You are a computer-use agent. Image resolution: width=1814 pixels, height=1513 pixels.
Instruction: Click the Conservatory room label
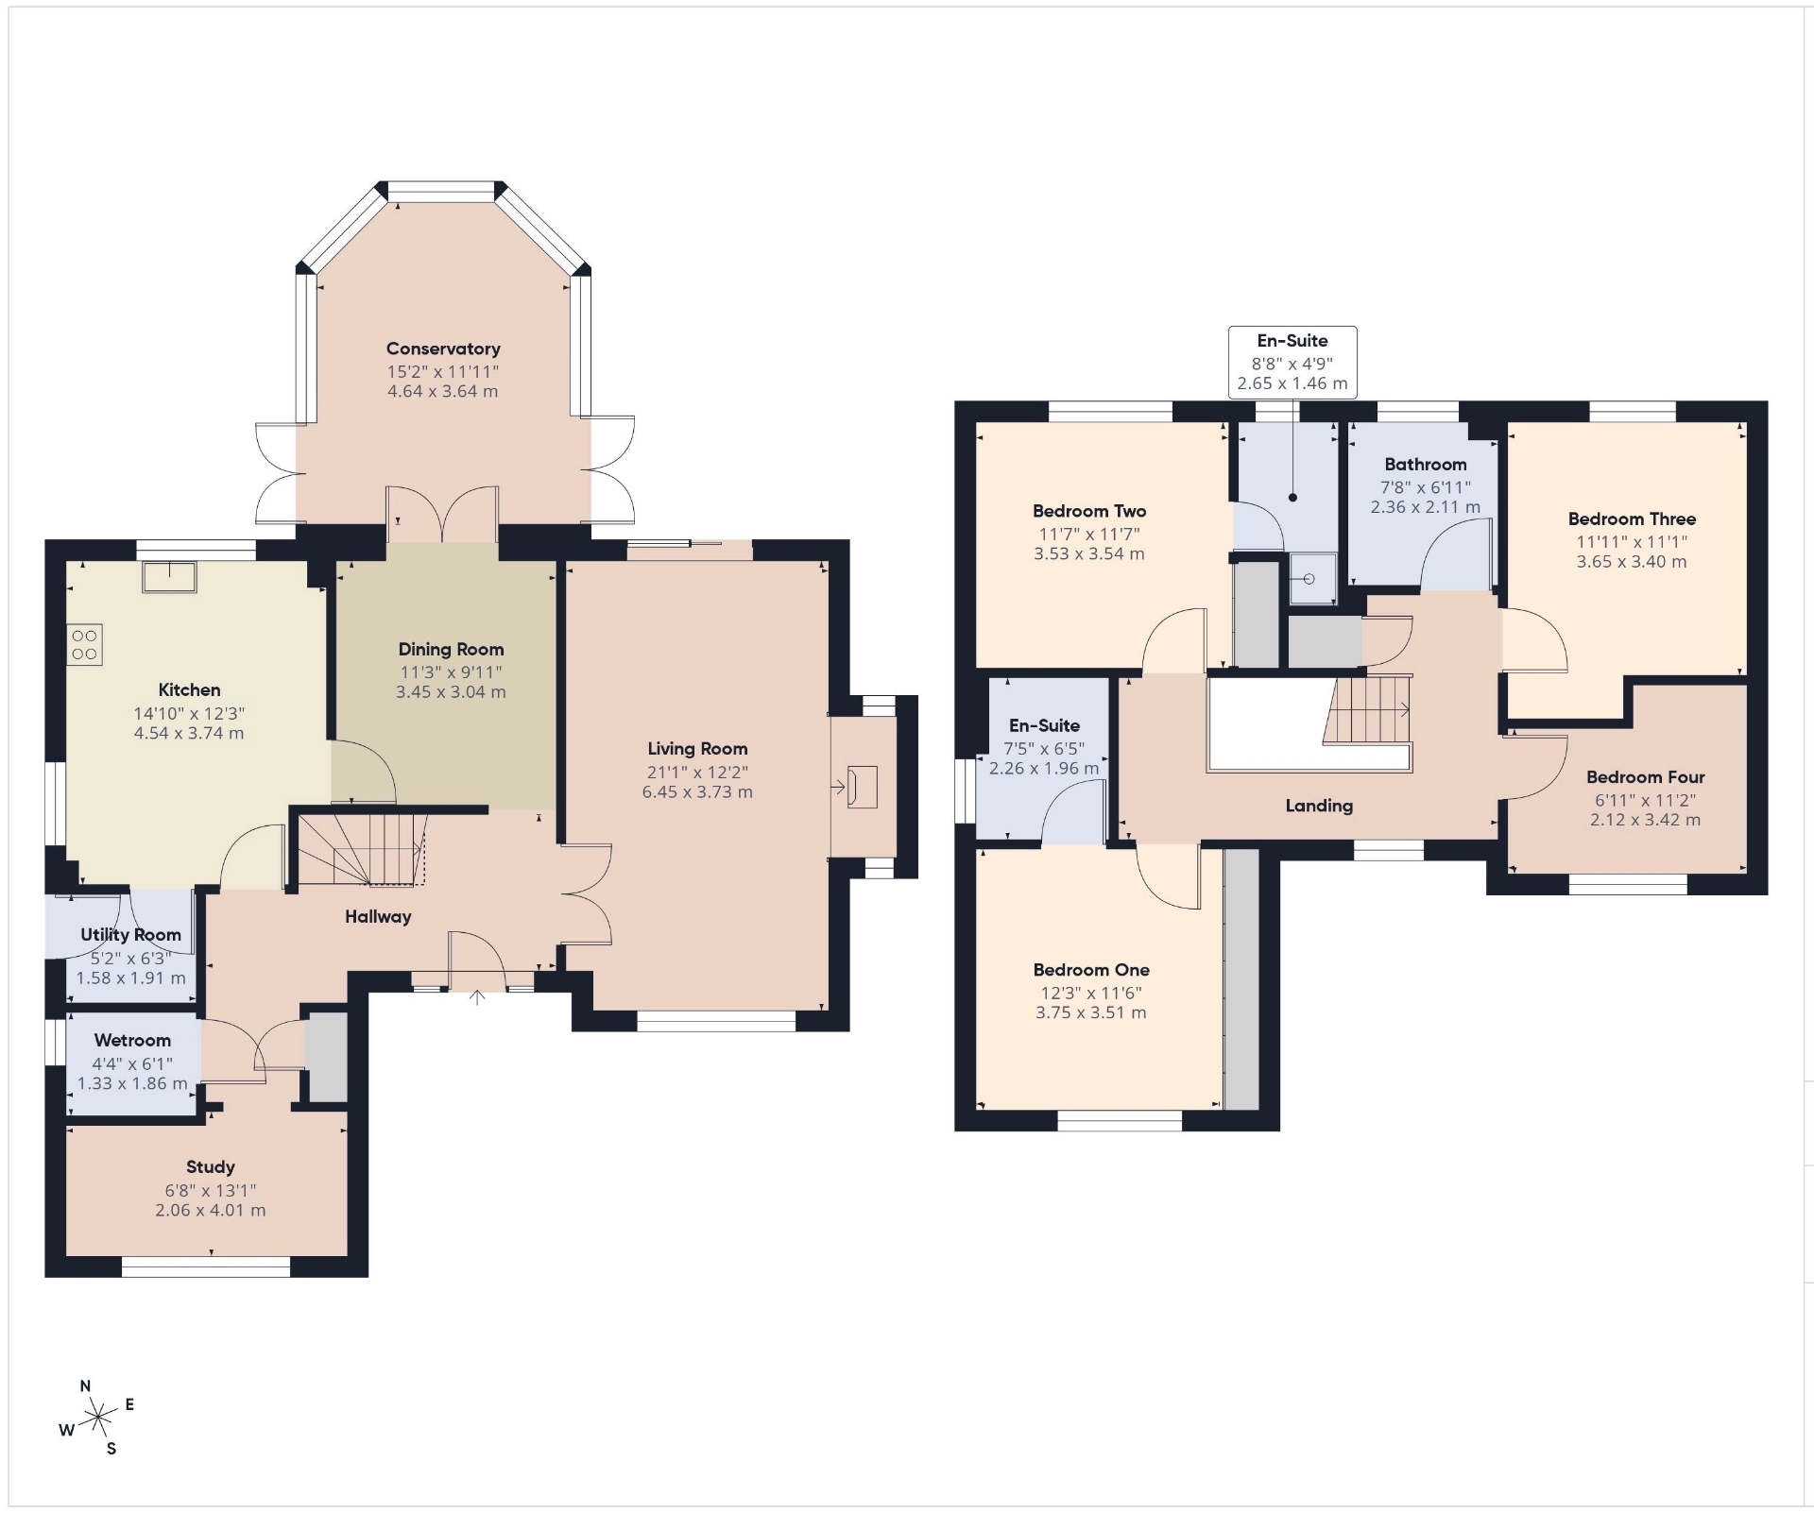[x=443, y=348]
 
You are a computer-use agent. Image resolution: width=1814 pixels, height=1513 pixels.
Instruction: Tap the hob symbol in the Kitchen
[x=84, y=645]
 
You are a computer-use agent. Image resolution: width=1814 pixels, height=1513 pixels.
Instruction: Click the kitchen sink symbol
[x=169, y=577]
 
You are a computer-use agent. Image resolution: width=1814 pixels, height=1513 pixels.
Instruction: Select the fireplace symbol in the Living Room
[x=863, y=787]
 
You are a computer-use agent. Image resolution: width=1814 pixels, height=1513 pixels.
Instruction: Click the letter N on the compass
[x=85, y=1386]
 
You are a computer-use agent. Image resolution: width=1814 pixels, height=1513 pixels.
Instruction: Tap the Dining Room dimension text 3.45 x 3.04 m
[x=451, y=691]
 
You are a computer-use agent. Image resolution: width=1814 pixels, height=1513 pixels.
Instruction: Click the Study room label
[x=210, y=1167]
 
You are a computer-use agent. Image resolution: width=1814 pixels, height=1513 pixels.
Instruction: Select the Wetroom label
[x=132, y=1040]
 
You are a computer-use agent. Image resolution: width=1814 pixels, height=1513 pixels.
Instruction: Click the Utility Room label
[x=130, y=935]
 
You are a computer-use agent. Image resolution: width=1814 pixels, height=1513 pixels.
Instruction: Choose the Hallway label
[x=378, y=916]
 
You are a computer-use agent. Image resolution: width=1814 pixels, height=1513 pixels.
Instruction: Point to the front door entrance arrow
[x=477, y=996]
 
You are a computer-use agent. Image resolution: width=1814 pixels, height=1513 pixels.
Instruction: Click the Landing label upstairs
[x=1319, y=806]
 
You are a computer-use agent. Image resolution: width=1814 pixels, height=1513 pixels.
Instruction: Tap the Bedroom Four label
[x=1645, y=777]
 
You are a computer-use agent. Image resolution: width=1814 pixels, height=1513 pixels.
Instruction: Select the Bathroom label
[x=1426, y=464]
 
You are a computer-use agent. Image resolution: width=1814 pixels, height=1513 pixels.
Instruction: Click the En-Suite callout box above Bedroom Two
[x=1292, y=362]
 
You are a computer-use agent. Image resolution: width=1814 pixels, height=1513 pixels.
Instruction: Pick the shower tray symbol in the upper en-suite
[x=1313, y=578]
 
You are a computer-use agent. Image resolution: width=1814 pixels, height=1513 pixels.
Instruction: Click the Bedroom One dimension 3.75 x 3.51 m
[x=1091, y=1012]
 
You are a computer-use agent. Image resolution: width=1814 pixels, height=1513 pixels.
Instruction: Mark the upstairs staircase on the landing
[x=1366, y=710]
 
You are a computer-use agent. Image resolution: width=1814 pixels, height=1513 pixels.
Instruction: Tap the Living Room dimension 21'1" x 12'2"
[x=697, y=773]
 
